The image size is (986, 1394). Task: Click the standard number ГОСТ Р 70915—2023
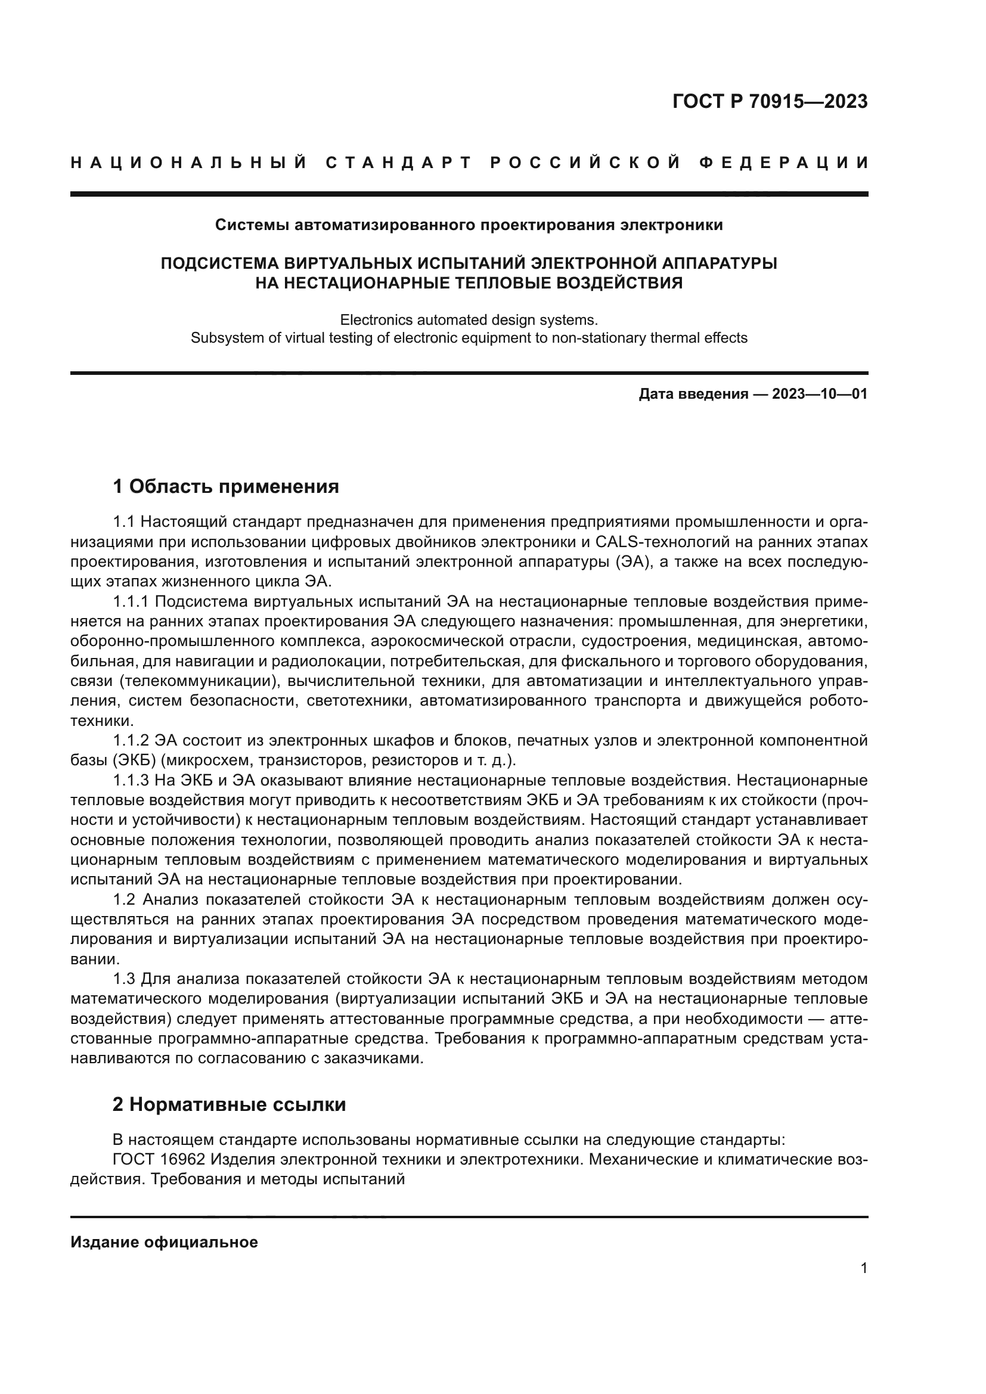pyautogui.click(x=770, y=101)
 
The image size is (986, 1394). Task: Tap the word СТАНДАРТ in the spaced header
pyautogui.click(x=398, y=163)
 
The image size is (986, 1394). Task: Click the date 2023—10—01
pyautogui.click(x=820, y=395)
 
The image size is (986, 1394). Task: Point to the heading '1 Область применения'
pyautogui.click(x=226, y=486)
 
